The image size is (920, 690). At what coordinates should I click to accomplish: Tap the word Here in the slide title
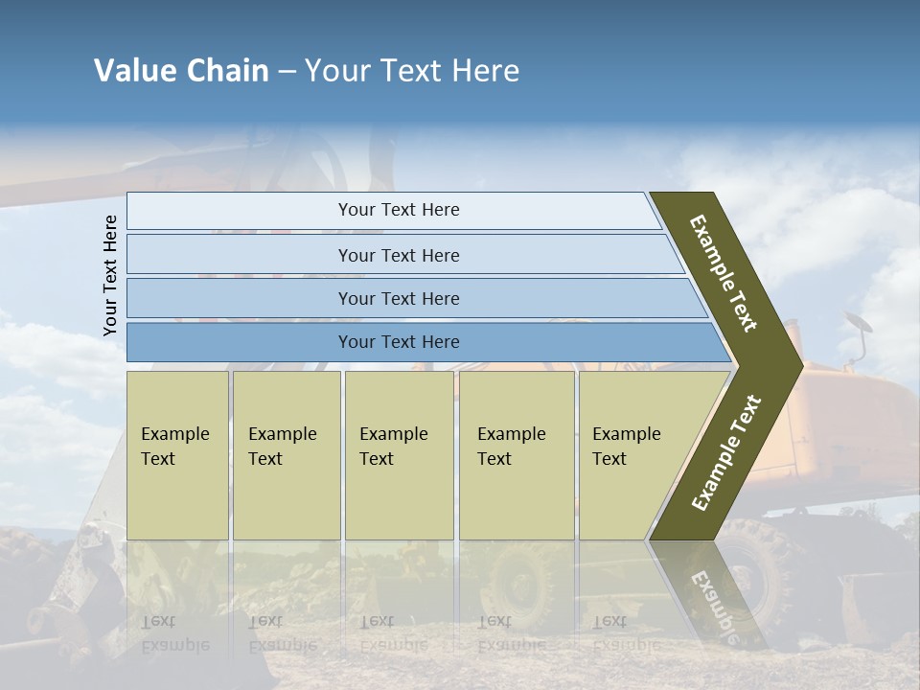[485, 71]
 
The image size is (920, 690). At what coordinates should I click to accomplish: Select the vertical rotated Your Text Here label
[110, 275]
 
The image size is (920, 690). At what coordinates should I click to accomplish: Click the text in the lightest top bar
[399, 210]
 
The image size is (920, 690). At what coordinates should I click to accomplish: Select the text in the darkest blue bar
[399, 342]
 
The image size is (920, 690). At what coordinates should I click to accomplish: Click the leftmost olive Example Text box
[177, 454]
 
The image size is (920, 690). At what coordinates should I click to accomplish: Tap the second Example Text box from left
[286, 454]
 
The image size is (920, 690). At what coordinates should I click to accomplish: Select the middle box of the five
[399, 454]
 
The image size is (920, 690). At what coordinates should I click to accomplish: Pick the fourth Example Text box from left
[517, 454]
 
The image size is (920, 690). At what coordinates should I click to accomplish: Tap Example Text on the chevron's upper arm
[724, 273]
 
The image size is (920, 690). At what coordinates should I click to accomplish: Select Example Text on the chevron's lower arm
[726, 452]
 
